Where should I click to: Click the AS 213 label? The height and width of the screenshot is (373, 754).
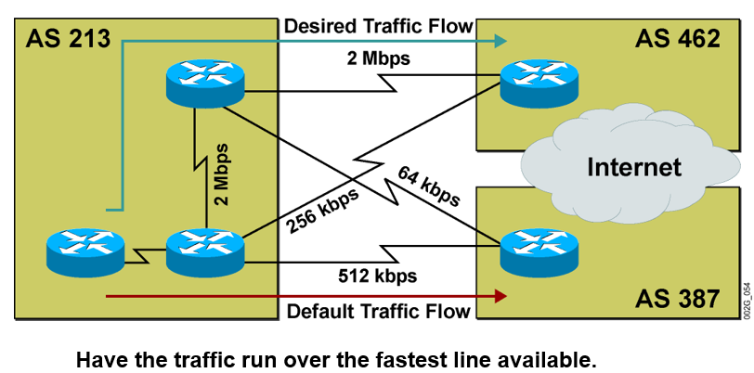[x=69, y=38]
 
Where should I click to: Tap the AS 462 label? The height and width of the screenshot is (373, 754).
[x=678, y=38]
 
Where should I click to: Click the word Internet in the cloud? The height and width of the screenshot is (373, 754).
[x=634, y=167]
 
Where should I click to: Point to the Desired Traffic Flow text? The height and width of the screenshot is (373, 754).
[x=379, y=25]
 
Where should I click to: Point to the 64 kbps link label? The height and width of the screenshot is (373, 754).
[x=429, y=185]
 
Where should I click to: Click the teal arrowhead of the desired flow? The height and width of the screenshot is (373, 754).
[x=500, y=40]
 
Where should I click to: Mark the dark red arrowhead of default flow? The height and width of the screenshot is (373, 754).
[x=500, y=296]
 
